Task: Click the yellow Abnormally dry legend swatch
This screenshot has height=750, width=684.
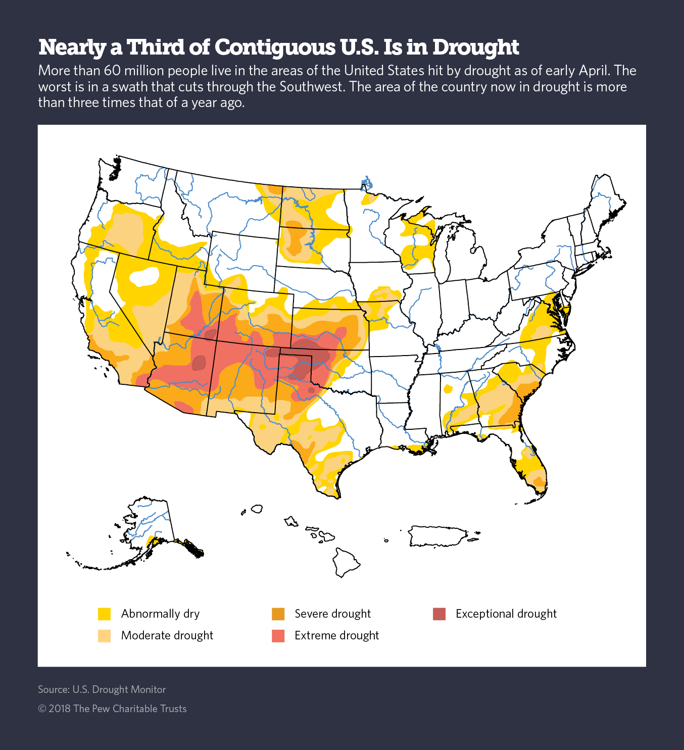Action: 104,614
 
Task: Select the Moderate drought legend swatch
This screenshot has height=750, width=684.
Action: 104,635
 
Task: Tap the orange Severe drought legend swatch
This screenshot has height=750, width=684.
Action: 278,614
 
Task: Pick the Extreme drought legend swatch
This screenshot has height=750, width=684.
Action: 278,635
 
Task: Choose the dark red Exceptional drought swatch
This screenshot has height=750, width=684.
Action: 439,614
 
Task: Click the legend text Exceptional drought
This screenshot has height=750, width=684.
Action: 506,614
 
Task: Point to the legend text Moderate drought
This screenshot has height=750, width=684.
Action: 167,635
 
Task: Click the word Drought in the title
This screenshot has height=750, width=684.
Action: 475,47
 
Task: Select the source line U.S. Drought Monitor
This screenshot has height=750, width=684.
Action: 102,689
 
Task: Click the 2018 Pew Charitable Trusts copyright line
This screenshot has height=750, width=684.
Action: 112,709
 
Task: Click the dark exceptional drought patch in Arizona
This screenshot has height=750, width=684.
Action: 199,363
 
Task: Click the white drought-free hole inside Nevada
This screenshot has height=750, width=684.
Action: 143,277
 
